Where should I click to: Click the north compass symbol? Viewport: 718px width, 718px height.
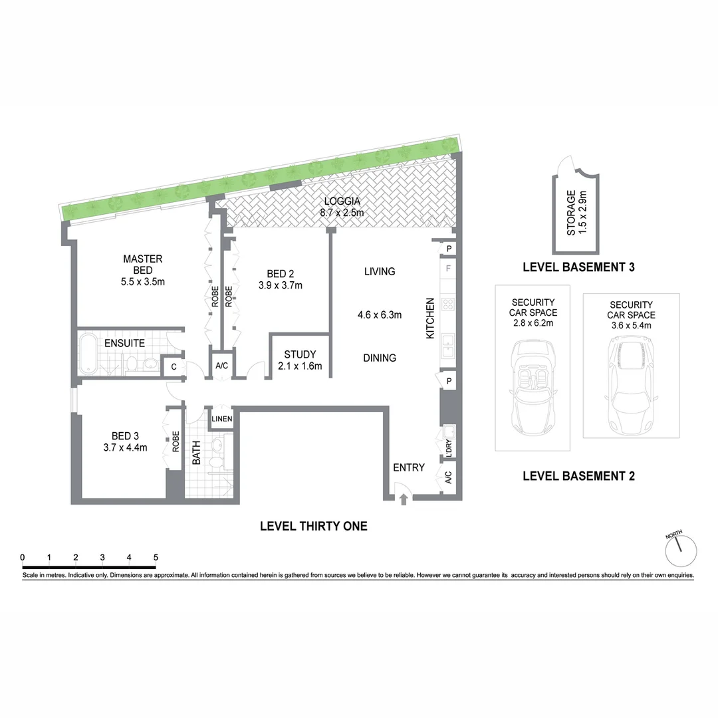[x=681, y=549]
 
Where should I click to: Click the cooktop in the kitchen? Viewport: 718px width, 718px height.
[x=448, y=306]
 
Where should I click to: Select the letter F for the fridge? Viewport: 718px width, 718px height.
[x=449, y=270]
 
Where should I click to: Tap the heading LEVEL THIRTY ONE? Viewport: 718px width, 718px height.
[x=313, y=527]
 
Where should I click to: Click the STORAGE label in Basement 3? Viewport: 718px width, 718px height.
[x=570, y=213]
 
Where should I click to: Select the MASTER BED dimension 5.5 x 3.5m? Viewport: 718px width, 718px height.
[x=142, y=281]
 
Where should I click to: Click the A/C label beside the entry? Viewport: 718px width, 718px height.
[x=448, y=477]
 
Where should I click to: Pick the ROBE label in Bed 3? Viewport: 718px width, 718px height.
[x=176, y=443]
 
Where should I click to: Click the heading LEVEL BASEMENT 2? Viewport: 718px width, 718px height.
[x=578, y=476]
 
